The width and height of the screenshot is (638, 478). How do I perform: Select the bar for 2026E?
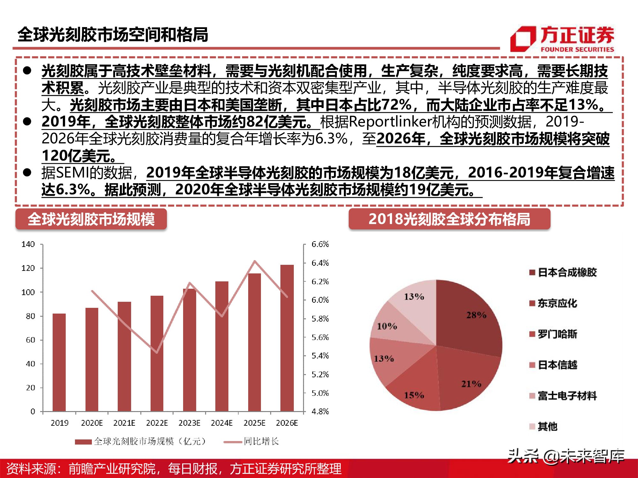287,338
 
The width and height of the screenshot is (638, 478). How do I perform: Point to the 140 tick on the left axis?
28,244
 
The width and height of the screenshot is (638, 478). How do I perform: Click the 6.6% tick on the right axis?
320,244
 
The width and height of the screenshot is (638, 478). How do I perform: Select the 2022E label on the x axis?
157,423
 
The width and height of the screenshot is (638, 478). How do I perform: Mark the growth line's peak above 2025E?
255,261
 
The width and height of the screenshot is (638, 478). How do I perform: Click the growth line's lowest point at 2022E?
157,352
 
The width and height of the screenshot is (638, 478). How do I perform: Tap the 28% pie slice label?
476,315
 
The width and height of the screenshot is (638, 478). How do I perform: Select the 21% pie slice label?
471,384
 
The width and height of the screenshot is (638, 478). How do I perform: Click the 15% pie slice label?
414,395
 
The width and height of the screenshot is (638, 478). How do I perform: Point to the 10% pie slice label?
387,326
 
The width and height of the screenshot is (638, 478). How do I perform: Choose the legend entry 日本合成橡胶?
567,272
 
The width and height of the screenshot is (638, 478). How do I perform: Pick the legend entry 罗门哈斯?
557,334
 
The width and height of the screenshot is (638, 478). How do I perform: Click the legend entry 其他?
547,426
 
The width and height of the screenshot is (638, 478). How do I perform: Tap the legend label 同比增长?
261,441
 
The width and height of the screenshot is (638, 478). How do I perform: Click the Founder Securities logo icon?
523,39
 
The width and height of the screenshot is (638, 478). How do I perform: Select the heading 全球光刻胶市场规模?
91,219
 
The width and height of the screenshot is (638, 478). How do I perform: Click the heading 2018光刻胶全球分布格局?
449,219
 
